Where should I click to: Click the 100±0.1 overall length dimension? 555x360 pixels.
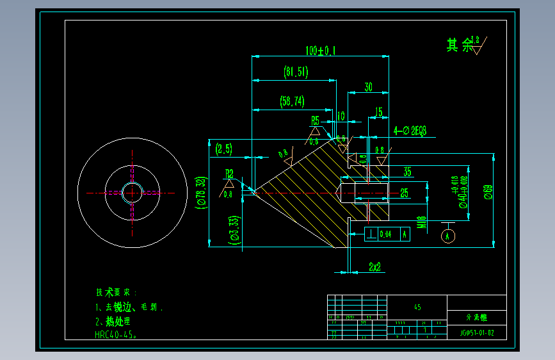pyautogui.click(x=321, y=50)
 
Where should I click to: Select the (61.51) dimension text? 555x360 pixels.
pyautogui.click(x=296, y=72)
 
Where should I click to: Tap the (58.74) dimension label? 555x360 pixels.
pyautogui.click(x=292, y=101)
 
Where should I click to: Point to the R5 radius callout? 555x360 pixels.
pyautogui.click(x=315, y=120)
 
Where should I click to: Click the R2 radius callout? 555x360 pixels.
pyautogui.click(x=229, y=173)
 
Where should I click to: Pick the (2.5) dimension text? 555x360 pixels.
pyautogui.click(x=224, y=149)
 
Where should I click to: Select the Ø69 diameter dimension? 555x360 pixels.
pyautogui.click(x=488, y=193)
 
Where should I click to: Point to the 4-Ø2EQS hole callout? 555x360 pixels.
pyautogui.click(x=410, y=131)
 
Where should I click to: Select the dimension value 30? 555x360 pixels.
pyautogui.click(x=368, y=87)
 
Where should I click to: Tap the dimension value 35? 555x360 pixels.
pyautogui.click(x=407, y=172)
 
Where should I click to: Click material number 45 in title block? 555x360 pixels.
pyautogui.click(x=417, y=307)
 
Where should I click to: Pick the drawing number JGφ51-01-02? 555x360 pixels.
pyautogui.click(x=477, y=333)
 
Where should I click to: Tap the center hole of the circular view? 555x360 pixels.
pyautogui.click(x=133, y=192)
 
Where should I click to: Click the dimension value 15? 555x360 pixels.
pyautogui.click(x=379, y=112)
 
